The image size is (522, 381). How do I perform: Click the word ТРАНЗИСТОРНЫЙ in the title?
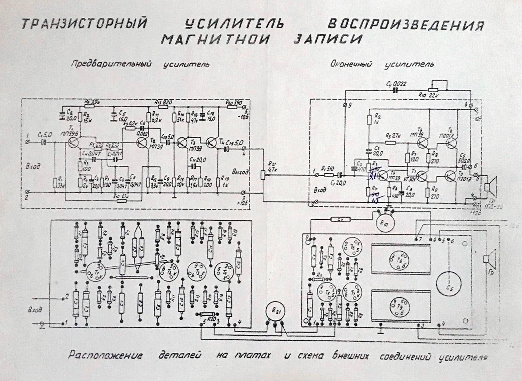(x=83, y=24)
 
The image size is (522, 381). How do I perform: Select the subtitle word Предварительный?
(x=112, y=64)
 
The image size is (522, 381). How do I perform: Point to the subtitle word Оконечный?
(x=351, y=64)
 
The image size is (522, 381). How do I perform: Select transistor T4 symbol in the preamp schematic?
(x=212, y=142)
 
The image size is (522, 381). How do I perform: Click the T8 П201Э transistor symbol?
(x=451, y=143)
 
